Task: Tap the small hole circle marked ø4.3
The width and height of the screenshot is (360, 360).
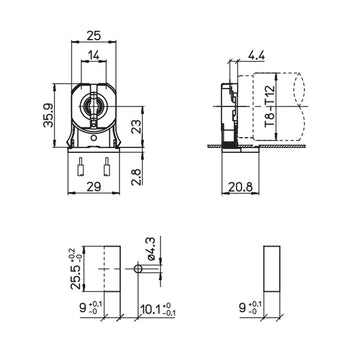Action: click(136, 270)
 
